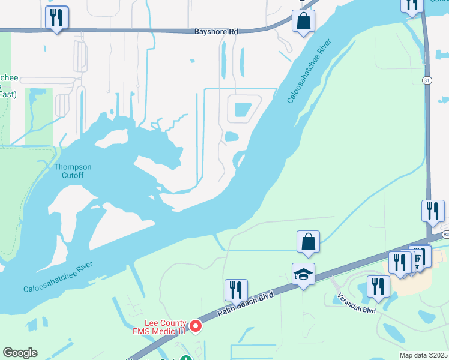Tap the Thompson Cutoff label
(x=73, y=171)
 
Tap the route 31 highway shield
(x=426, y=80)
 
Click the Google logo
(x=20, y=353)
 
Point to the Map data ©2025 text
(x=424, y=355)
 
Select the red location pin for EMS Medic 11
(x=195, y=326)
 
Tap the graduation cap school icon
(x=303, y=275)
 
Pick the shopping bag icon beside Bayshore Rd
(x=304, y=21)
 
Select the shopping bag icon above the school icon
(x=308, y=242)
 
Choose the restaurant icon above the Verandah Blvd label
(x=378, y=286)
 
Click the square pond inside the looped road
(x=243, y=110)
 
